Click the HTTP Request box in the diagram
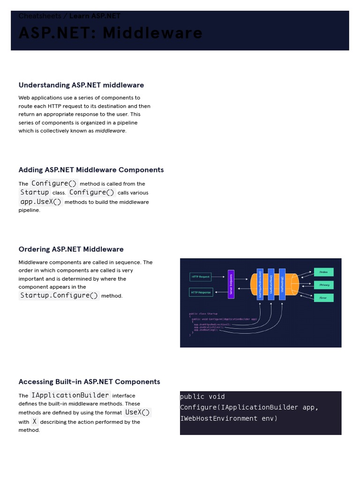tap(201, 277)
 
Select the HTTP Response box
tap(201, 292)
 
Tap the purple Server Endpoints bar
tap(231, 285)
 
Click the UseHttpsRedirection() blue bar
tap(260, 285)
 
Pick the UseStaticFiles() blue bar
tap(271, 285)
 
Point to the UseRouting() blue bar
tap(282, 285)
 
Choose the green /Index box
tap(323, 272)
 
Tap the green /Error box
tap(323, 298)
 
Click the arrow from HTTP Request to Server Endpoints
tap(218, 277)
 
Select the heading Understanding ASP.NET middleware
tap(81, 85)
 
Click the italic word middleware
tap(110, 131)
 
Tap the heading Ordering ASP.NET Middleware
tap(71, 249)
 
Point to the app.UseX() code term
tap(41, 202)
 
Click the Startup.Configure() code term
tap(59, 295)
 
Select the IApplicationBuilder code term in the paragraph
tap(70, 395)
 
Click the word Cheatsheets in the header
tap(40, 16)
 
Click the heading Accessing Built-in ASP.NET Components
tap(89, 382)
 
